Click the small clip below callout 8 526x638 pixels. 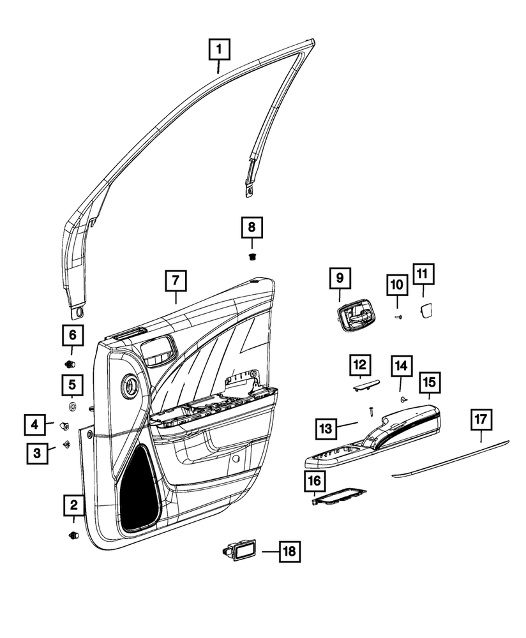click(252, 256)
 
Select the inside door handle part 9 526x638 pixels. click(353, 315)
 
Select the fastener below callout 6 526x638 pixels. click(71, 364)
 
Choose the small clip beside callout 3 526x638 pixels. click(66, 443)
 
